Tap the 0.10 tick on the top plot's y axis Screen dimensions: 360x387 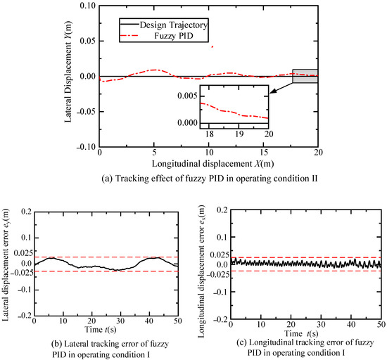click(x=88, y=6)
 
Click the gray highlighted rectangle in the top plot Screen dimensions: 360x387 click(x=305, y=76)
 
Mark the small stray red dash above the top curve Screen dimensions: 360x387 click(x=212, y=47)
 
